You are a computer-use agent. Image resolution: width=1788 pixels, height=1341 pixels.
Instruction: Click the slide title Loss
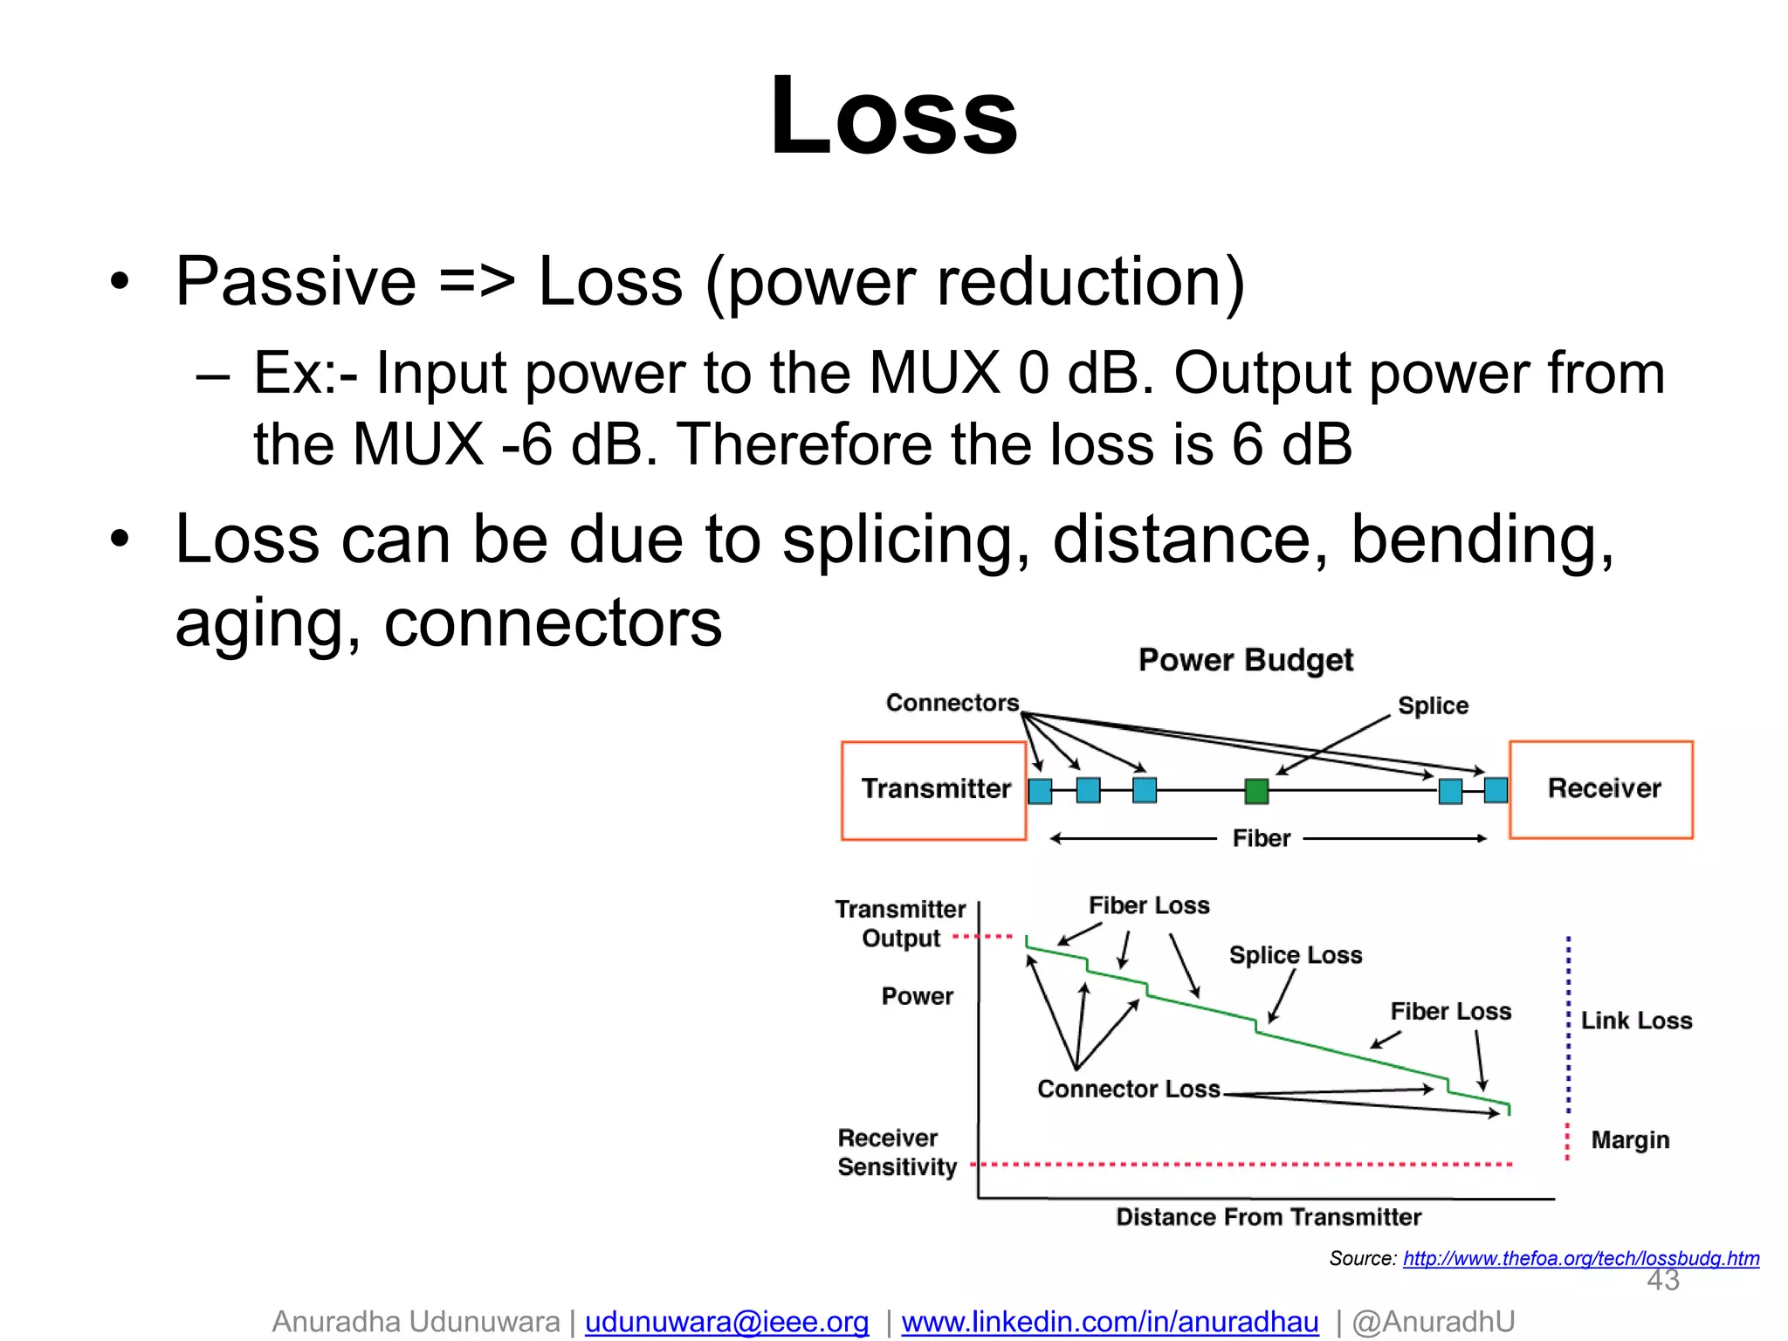(x=893, y=116)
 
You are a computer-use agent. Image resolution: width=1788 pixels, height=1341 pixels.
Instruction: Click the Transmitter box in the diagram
(x=934, y=790)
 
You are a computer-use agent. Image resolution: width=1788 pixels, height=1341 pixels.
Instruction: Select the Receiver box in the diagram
(x=1601, y=789)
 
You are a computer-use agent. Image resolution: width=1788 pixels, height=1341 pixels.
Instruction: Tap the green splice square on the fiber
(x=1256, y=791)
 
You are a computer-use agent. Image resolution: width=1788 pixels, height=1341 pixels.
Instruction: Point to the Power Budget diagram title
(x=1246, y=660)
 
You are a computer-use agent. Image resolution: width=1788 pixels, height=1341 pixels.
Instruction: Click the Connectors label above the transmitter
(x=952, y=703)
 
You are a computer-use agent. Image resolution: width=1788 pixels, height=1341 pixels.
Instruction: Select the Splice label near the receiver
(x=1433, y=705)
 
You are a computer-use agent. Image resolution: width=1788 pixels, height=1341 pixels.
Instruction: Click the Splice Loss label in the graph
(x=1296, y=955)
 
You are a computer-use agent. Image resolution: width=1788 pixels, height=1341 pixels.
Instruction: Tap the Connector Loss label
(x=1128, y=1090)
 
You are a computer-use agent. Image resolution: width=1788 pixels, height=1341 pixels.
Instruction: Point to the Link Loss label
(x=1636, y=1021)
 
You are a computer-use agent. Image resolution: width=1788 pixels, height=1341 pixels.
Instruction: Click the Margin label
(x=1630, y=1140)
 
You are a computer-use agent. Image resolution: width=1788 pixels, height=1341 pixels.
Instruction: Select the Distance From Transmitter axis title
(x=1269, y=1217)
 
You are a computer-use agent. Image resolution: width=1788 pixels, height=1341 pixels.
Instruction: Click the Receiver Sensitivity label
(x=897, y=1152)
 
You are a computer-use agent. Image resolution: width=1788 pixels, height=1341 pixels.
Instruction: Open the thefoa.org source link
(x=1581, y=1258)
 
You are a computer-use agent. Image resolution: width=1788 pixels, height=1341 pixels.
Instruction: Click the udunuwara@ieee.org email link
(x=726, y=1322)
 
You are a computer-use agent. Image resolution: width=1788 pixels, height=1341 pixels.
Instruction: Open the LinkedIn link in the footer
(x=1110, y=1322)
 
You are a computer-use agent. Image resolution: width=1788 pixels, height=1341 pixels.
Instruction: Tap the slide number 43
(x=1662, y=1281)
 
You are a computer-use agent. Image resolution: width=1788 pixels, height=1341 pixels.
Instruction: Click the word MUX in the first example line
(x=934, y=374)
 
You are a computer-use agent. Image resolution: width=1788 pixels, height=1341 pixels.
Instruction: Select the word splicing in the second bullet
(x=905, y=540)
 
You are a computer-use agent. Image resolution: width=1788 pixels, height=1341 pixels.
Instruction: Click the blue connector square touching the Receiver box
(x=1496, y=790)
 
